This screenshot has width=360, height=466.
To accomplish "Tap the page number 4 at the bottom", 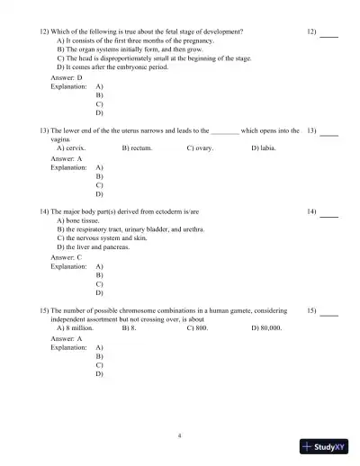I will (179, 435).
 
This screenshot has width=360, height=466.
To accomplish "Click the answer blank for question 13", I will (329, 133).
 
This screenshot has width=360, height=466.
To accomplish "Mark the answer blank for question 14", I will (329, 214).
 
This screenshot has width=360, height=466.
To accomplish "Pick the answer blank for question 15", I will (329, 313).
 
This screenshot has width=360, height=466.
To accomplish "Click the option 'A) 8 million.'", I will (76, 328).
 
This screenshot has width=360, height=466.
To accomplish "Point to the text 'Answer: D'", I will (67, 77).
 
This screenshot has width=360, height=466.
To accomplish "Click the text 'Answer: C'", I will (67, 257).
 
